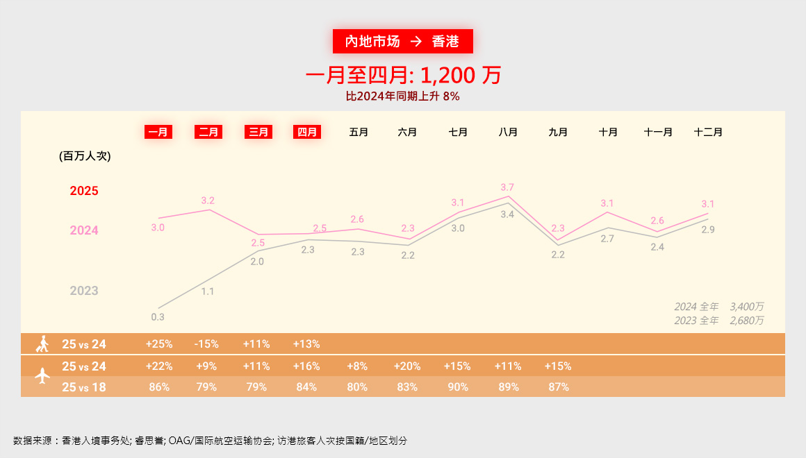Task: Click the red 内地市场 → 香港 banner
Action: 402,42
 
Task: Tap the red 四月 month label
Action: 307,132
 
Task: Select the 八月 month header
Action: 508,132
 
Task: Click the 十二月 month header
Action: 708,132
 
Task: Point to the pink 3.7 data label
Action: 507,187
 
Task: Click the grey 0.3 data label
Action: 158,317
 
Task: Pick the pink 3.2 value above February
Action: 208,201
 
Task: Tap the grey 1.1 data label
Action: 207,291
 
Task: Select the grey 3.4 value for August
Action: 507,214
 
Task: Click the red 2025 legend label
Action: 84,191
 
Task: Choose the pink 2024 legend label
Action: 84,230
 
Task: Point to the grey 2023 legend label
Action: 84,291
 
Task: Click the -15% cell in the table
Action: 207,343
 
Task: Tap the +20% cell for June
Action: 407,366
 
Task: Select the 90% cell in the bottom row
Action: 458,387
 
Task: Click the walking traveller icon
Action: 43,343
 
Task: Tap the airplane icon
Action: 43,376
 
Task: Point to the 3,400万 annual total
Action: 747,307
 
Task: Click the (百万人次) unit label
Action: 85,156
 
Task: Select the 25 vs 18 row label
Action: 84,387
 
